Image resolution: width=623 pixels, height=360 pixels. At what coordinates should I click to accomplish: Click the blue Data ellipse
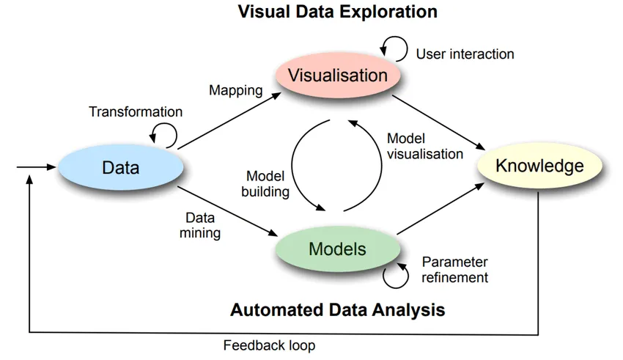(121, 168)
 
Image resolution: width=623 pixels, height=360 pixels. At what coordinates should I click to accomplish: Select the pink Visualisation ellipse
(337, 76)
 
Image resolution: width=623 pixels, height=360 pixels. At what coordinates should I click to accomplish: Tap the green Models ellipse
(336, 249)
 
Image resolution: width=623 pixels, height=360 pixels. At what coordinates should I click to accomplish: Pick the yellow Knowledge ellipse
(539, 166)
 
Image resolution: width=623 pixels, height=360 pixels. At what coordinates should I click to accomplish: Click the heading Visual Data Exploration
(338, 12)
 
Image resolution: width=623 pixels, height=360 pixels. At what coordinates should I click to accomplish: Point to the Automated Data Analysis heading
(337, 309)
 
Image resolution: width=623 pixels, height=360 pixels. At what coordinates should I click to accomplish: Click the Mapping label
(235, 91)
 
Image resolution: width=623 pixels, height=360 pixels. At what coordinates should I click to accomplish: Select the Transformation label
(136, 112)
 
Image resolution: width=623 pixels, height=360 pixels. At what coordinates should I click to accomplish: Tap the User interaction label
(465, 54)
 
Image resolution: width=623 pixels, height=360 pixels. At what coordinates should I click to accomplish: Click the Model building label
(268, 184)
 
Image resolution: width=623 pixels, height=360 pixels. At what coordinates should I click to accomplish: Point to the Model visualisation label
(424, 146)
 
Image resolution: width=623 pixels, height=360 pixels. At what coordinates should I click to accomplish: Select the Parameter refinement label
(454, 270)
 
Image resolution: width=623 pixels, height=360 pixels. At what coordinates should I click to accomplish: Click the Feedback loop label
(270, 345)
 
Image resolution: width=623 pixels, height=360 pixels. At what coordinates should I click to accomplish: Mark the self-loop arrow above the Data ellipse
(163, 134)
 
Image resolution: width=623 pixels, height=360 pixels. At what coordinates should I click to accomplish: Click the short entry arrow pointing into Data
(37, 167)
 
